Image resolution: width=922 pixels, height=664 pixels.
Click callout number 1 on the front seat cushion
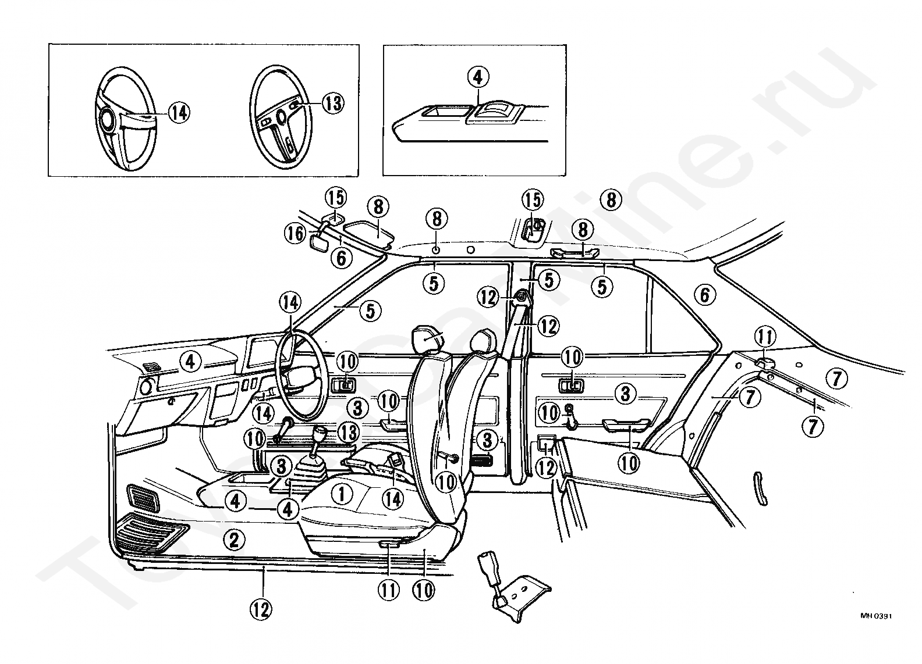point(342,494)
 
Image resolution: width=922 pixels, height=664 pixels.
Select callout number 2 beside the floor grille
point(233,540)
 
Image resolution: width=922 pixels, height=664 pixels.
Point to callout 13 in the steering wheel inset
point(333,103)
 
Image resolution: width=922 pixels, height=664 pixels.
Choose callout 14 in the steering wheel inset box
point(179,113)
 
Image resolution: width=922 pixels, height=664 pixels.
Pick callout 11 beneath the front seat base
point(389,591)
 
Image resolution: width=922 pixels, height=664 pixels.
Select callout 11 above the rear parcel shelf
point(765,337)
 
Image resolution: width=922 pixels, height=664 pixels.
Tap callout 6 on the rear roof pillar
point(705,295)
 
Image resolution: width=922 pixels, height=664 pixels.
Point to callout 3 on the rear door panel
point(625,394)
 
